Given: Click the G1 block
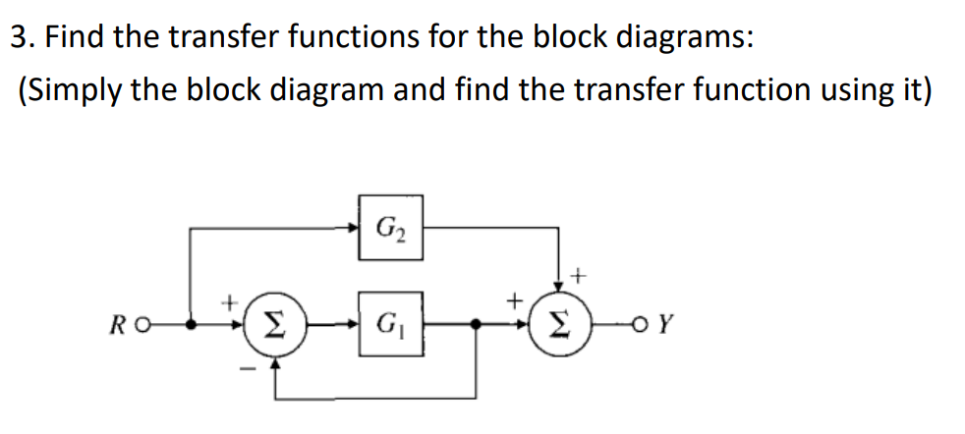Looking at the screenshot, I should pyautogui.click(x=390, y=322).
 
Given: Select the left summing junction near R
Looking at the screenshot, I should pyautogui.click(x=275, y=322).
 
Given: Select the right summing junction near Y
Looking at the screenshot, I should pyautogui.click(x=558, y=322).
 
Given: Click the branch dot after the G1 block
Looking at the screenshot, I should pyautogui.click(x=478, y=322).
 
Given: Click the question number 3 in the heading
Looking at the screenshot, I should pyautogui.click(x=18, y=39).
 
